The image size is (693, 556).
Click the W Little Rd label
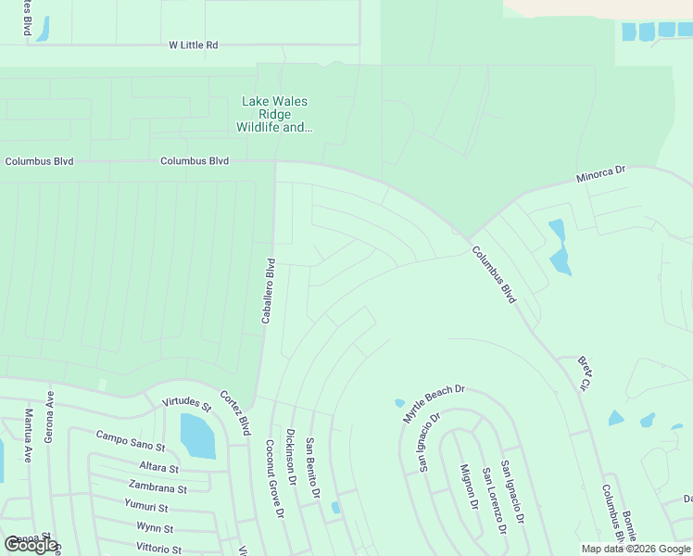click(193, 44)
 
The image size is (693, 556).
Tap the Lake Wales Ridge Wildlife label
click(274, 114)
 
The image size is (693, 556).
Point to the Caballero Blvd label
click(269, 290)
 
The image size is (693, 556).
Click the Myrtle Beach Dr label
click(434, 405)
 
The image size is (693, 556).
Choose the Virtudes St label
click(186, 403)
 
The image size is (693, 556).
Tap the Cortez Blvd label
click(234, 413)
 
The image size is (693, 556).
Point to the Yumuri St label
click(145, 507)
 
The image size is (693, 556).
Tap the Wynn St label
click(154, 528)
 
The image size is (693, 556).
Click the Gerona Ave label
click(50, 424)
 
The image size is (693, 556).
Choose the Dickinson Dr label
click(291, 457)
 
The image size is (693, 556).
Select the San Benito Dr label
click(313, 469)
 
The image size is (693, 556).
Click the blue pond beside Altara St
click(196, 436)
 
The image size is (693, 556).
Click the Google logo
click(31, 545)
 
